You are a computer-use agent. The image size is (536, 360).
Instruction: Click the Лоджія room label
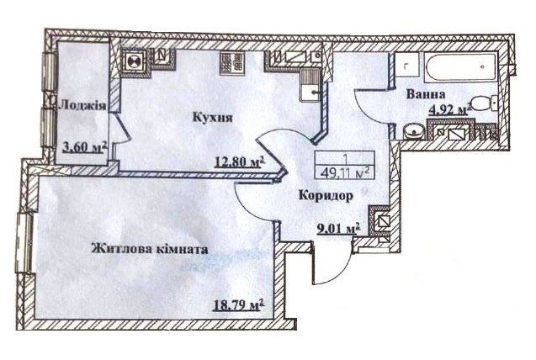coord(82,105)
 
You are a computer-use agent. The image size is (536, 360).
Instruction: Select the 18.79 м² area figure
coord(231,302)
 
